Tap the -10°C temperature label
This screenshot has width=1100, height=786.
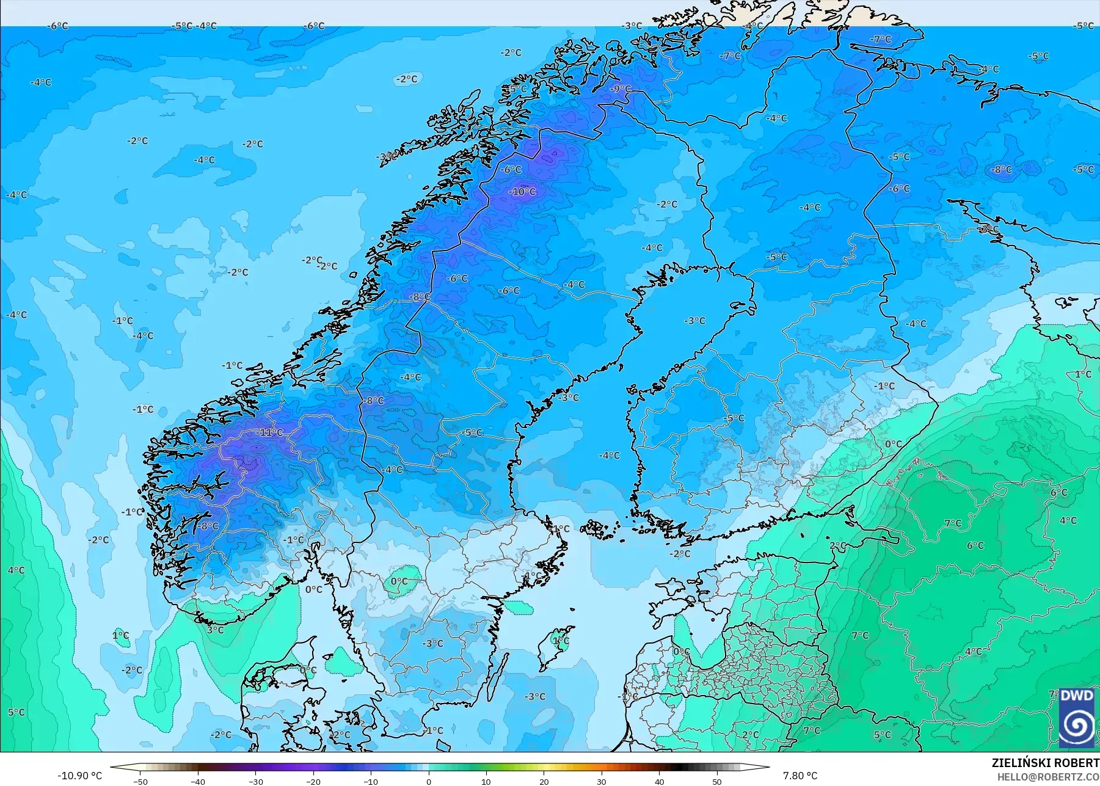click(x=522, y=192)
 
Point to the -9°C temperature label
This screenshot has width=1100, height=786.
click(x=621, y=89)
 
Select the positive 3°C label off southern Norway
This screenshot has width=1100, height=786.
click(x=215, y=630)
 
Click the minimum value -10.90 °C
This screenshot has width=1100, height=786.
click(x=80, y=776)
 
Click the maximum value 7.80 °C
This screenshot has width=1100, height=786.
click(x=800, y=776)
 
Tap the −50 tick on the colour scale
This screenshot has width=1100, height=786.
click(x=140, y=781)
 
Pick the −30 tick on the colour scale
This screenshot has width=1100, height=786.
click(x=256, y=781)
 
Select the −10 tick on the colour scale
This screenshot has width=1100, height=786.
click(x=371, y=781)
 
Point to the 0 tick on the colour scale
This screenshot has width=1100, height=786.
click(x=429, y=781)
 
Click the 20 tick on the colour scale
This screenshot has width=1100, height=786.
click(x=544, y=781)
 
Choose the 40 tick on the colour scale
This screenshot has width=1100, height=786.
click(x=660, y=781)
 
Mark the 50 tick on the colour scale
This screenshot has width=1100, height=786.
click(x=717, y=781)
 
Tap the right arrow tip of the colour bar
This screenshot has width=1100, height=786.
click(x=768, y=767)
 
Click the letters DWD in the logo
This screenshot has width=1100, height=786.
click(x=1077, y=696)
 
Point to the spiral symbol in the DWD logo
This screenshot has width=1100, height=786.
click(x=1077, y=725)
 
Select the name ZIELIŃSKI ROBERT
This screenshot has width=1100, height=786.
click(x=1045, y=763)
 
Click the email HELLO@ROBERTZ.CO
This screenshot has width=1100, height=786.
click(x=1048, y=777)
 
